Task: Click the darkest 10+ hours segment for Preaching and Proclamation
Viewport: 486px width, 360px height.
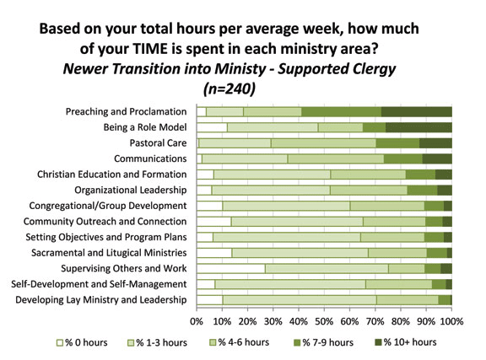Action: (416, 112)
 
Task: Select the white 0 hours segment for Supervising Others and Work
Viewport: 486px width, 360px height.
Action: (231, 269)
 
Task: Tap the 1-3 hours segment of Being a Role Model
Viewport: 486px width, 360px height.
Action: (273, 127)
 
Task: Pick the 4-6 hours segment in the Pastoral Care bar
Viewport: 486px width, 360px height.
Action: (323, 143)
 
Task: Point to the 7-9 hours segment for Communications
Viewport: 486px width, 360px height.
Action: (403, 159)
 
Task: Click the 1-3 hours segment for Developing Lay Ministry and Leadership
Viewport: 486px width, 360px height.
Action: (300, 300)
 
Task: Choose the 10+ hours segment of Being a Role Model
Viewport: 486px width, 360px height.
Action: (418, 127)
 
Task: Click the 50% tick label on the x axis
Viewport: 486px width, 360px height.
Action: (324, 321)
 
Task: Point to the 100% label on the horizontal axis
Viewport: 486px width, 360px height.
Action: (451, 321)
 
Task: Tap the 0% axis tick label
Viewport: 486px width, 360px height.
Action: (197, 321)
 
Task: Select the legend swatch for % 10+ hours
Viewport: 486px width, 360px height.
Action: (378, 342)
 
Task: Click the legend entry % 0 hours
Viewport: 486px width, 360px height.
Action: (82, 342)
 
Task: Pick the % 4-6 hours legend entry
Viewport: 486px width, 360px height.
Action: (240, 342)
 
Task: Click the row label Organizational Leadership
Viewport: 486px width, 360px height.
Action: (131, 190)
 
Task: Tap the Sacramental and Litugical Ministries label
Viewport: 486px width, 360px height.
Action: (109, 253)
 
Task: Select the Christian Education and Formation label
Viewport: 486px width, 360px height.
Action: (112, 175)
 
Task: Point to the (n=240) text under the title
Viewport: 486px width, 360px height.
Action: (229, 89)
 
